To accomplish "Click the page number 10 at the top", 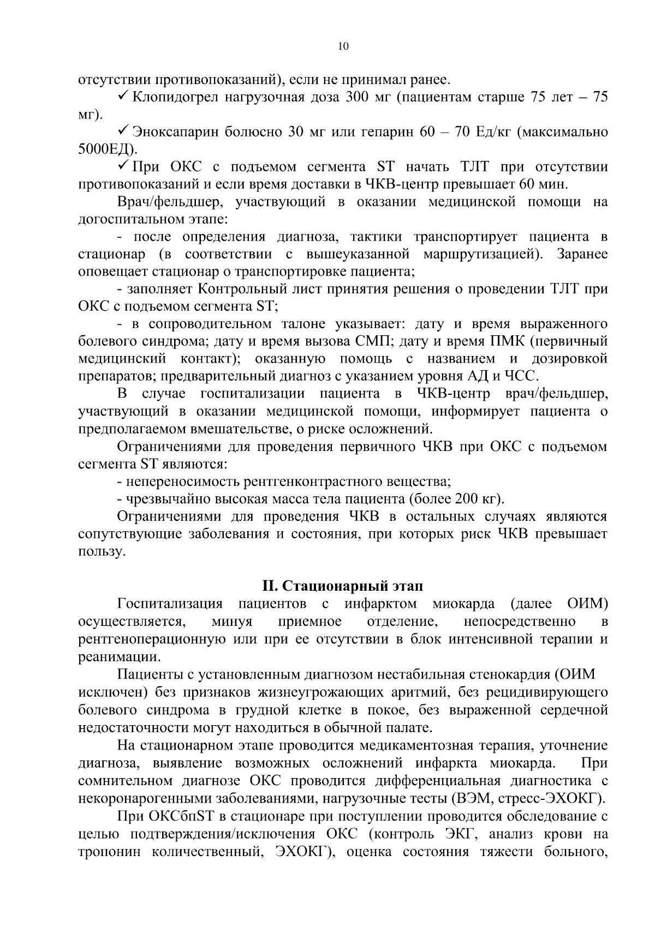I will (x=343, y=46).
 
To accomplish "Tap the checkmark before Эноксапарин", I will (x=123, y=132).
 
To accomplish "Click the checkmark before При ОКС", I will (x=123, y=167).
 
